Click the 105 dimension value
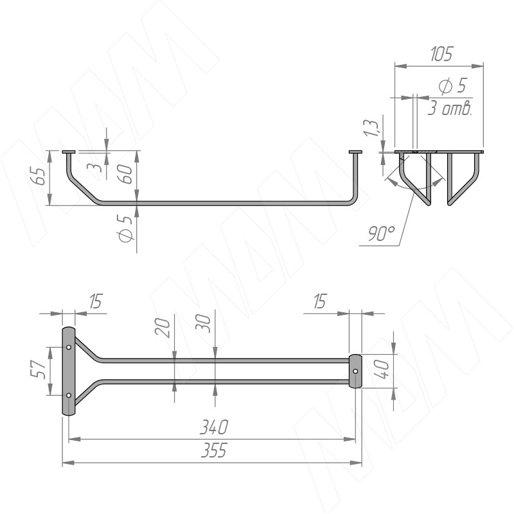pos(441,54)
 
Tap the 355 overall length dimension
pos(214,450)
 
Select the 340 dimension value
pos(214,427)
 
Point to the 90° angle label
pos(381,233)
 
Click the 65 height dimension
pos(40,177)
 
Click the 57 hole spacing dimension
pos(38,369)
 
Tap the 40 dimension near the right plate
pos(382,368)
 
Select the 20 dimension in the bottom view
pos(163,328)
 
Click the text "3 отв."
pos(450,109)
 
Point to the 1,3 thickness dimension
pos(371,128)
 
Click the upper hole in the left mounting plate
pos(69,347)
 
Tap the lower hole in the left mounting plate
pos(69,395)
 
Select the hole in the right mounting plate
pos(356,371)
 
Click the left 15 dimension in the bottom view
pos(96,301)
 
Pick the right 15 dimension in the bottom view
pos(320,301)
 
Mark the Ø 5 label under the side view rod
pos(125,229)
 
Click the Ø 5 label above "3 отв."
pos(452,86)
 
